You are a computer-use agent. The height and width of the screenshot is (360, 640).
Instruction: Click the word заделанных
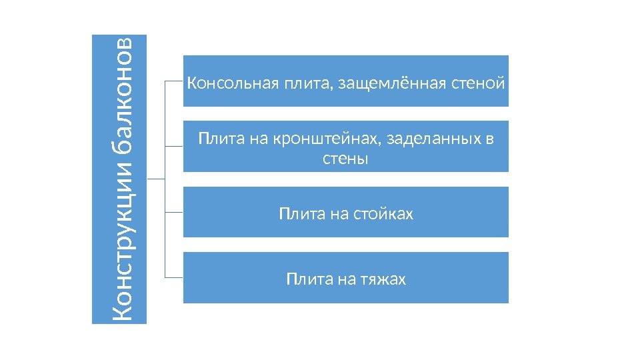(x=434, y=139)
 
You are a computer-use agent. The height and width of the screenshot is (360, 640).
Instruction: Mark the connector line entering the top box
(x=173, y=81)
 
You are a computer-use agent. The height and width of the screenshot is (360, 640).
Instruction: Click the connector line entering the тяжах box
(x=173, y=277)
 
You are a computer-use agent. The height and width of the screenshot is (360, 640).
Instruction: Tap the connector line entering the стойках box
(x=173, y=212)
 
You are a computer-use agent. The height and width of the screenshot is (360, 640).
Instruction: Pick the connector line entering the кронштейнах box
(x=173, y=146)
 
